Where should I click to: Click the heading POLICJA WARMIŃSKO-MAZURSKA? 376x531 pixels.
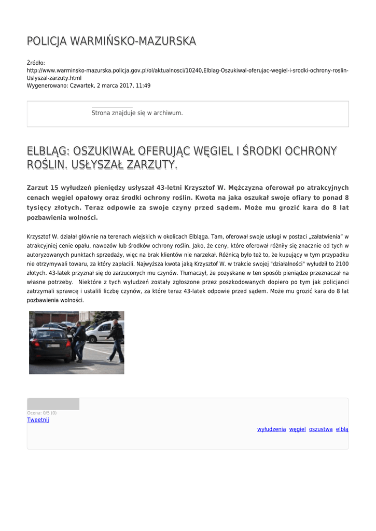click(x=111, y=41)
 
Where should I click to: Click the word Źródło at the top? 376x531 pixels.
click(x=36, y=63)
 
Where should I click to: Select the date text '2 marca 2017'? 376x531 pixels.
click(x=114, y=85)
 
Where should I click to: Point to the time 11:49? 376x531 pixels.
click(x=143, y=85)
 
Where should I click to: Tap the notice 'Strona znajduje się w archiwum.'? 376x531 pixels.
click(x=137, y=113)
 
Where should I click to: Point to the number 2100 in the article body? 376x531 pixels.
click(x=341, y=263)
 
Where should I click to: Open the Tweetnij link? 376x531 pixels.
click(x=38, y=420)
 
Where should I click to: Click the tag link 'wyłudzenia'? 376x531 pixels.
click(x=271, y=429)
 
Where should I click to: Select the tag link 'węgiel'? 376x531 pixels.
click(x=297, y=429)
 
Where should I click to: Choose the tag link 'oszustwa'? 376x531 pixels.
click(x=321, y=429)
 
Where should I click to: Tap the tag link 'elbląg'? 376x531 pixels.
click(x=342, y=429)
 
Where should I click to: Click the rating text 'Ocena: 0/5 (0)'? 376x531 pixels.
click(x=42, y=413)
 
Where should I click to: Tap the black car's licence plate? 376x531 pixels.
click(x=53, y=346)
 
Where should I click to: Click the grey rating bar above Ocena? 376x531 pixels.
click(x=53, y=404)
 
